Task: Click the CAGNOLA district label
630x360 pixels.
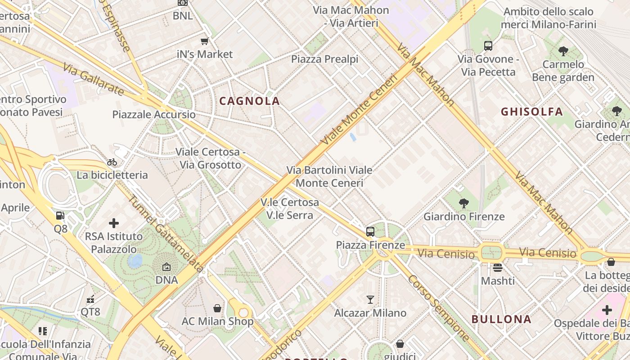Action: pos(249,101)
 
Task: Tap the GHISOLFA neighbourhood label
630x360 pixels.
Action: pos(532,112)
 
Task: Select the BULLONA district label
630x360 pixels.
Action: pos(501,319)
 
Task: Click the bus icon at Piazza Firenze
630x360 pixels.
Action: pos(370,232)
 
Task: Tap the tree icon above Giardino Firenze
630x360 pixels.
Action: pos(463,203)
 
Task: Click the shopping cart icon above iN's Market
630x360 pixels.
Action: pos(205,41)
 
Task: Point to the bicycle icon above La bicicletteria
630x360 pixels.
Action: pos(112,162)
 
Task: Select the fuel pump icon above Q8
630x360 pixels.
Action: pos(60,216)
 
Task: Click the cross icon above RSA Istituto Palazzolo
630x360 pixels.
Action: pos(114,223)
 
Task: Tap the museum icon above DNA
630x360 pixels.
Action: pos(166,267)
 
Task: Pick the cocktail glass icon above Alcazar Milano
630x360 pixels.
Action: pos(370,300)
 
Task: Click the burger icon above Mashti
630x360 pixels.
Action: pos(497,268)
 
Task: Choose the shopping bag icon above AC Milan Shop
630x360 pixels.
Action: pos(217,308)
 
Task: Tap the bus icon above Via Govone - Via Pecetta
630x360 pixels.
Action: pos(488,45)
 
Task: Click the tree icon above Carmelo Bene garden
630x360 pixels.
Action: pos(563,51)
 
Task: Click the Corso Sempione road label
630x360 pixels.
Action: pos(438,307)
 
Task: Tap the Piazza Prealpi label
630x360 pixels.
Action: pos(324,59)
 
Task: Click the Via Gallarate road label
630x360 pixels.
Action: pos(93,79)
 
